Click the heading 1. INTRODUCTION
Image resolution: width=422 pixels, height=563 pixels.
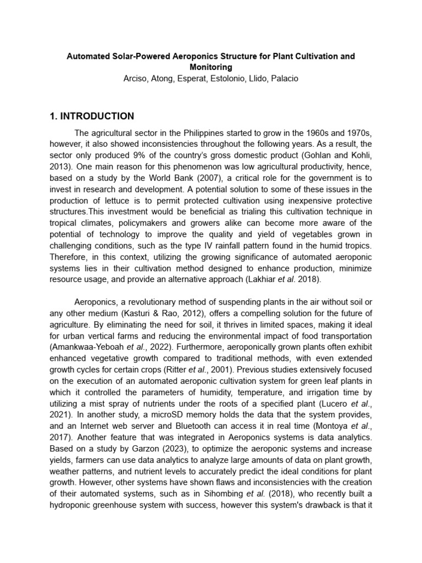[91, 116]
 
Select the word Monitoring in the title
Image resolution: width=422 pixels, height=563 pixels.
[210, 67]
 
